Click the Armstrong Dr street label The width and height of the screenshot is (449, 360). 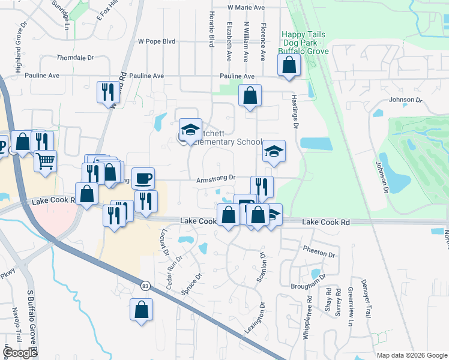[x=215, y=179]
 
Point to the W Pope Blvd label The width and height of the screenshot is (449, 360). [x=156, y=41]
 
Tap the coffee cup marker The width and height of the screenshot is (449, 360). [x=143, y=178]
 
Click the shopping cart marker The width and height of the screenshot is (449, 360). [x=45, y=161]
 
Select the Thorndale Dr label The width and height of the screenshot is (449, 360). [x=75, y=58]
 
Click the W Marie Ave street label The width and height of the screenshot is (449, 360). [x=246, y=8]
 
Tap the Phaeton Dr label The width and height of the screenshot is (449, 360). [x=319, y=253]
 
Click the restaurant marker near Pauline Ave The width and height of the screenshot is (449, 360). [x=108, y=92]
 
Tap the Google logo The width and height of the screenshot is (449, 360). [x=20, y=353]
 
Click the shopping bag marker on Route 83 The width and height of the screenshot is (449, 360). [x=141, y=310]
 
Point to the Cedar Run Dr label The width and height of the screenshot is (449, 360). [x=171, y=272]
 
